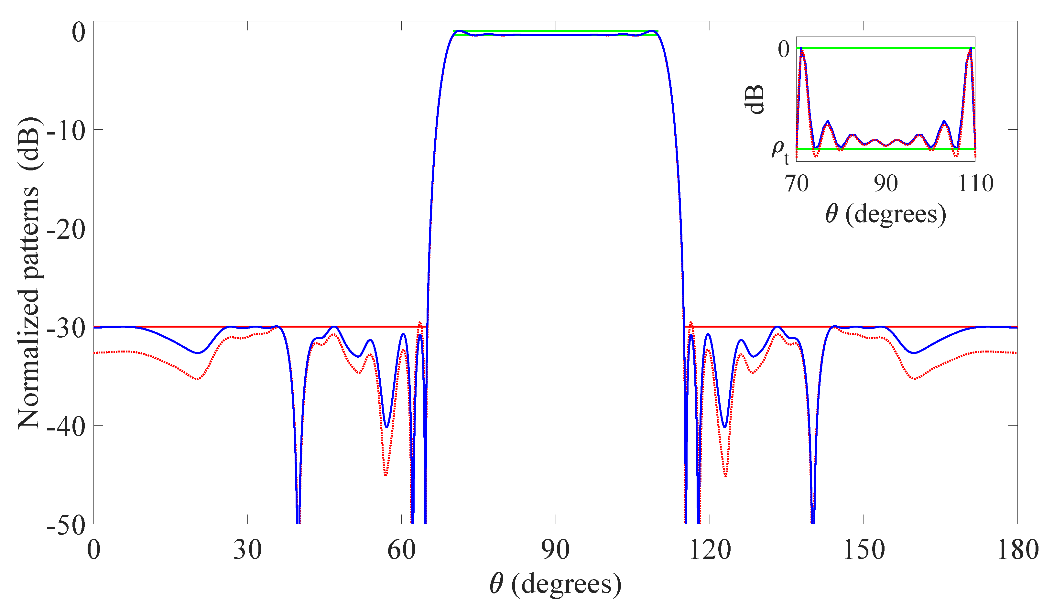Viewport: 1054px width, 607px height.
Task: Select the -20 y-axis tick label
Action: [66, 229]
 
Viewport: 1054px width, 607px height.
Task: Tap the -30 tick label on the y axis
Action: [66, 328]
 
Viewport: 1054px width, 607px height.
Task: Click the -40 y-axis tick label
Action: [66, 427]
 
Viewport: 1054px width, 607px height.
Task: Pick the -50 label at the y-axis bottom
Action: [66, 525]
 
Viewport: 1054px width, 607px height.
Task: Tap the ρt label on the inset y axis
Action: [780, 151]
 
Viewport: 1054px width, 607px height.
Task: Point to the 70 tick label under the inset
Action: [797, 183]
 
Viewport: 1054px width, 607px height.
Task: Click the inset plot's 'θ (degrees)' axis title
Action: [886, 215]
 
